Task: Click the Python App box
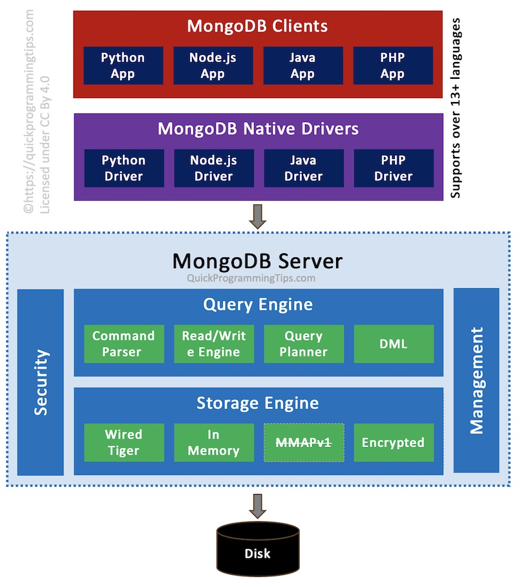(x=123, y=65)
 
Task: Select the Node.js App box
(x=213, y=65)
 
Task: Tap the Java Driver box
(x=304, y=168)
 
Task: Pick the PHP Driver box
(x=393, y=168)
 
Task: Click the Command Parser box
(x=123, y=344)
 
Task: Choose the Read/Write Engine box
(x=213, y=344)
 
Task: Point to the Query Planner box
(x=304, y=344)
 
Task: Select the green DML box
(x=394, y=344)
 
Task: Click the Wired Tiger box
(x=123, y=443)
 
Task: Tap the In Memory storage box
(x=213, y=443)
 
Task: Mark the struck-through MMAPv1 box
(x=304, y=443)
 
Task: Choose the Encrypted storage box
(x=394, y=443)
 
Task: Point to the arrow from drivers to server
(x=258, y=216)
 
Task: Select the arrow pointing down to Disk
(x=258, y=506)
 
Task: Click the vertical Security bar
(x=41, y=382)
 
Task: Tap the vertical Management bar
(x=476, y=381)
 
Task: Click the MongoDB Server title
(x=257, y=261)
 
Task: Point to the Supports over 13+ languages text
(x=456, y=107)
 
